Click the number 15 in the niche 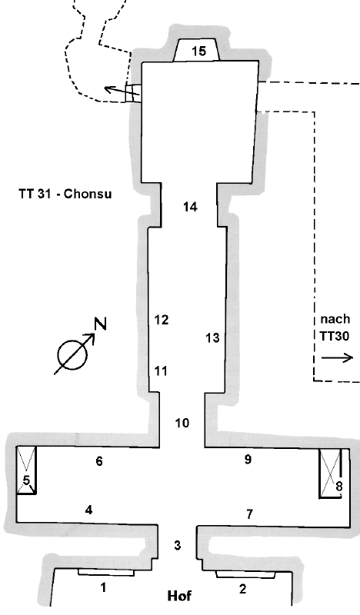[199, 51]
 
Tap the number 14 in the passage [191, 207]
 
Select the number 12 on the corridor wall [162, 320]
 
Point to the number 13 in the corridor [212, 337]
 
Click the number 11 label [161, 371]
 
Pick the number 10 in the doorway [182, 423]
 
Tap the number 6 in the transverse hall [99, 461]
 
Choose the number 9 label [248, 459]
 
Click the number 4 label [88, 510]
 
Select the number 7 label [250, 514]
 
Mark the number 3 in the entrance [178, 545]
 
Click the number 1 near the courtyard [103, 587]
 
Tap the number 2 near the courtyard [242, 589]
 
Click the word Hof [180, 597]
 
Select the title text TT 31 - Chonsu [65, 194]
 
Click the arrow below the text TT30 [337, 357]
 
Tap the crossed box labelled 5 [26, 470]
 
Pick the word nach [335, 319]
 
